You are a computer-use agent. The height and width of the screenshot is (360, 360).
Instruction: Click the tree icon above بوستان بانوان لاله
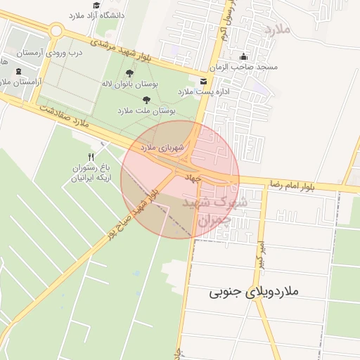[129, 72]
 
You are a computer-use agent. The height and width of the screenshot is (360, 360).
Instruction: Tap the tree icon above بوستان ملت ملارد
[146, 101]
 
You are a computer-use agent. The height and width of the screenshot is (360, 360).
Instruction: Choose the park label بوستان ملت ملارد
[146, 111]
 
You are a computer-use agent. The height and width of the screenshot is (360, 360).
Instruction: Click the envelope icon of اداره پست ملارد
[203, 82]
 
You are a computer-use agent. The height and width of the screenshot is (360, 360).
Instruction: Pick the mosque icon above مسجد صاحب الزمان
[244, 57]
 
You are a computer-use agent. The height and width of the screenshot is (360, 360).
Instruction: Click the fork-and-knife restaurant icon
[90, 156]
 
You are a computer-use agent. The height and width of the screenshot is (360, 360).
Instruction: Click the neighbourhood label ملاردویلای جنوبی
[254, 290]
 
